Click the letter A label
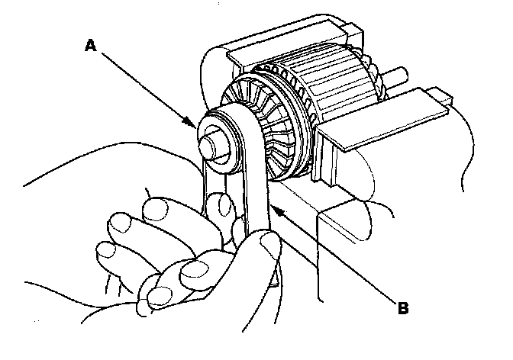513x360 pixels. [x=90, y=45]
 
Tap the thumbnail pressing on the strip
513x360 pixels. [x=269, y=246]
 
